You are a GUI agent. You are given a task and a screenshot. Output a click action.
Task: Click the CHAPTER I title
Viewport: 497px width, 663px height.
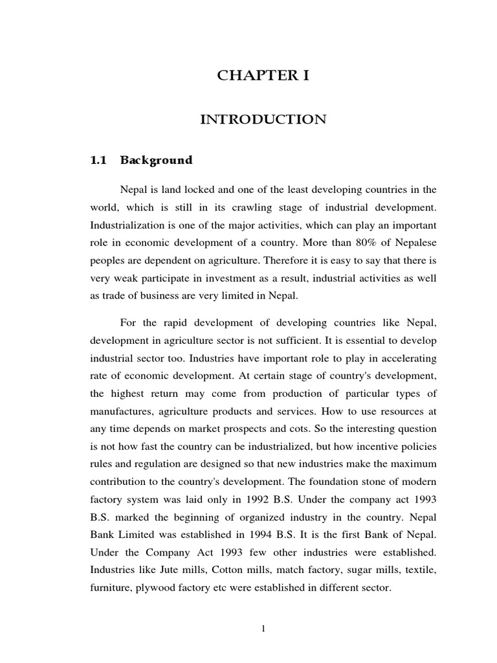[263, 76]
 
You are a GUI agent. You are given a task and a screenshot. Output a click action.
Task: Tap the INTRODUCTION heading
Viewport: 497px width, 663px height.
[263, 120]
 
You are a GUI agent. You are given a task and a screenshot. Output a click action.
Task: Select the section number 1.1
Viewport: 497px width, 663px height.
[98, 160]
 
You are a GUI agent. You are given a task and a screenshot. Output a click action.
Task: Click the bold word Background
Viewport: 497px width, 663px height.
[156, 160]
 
